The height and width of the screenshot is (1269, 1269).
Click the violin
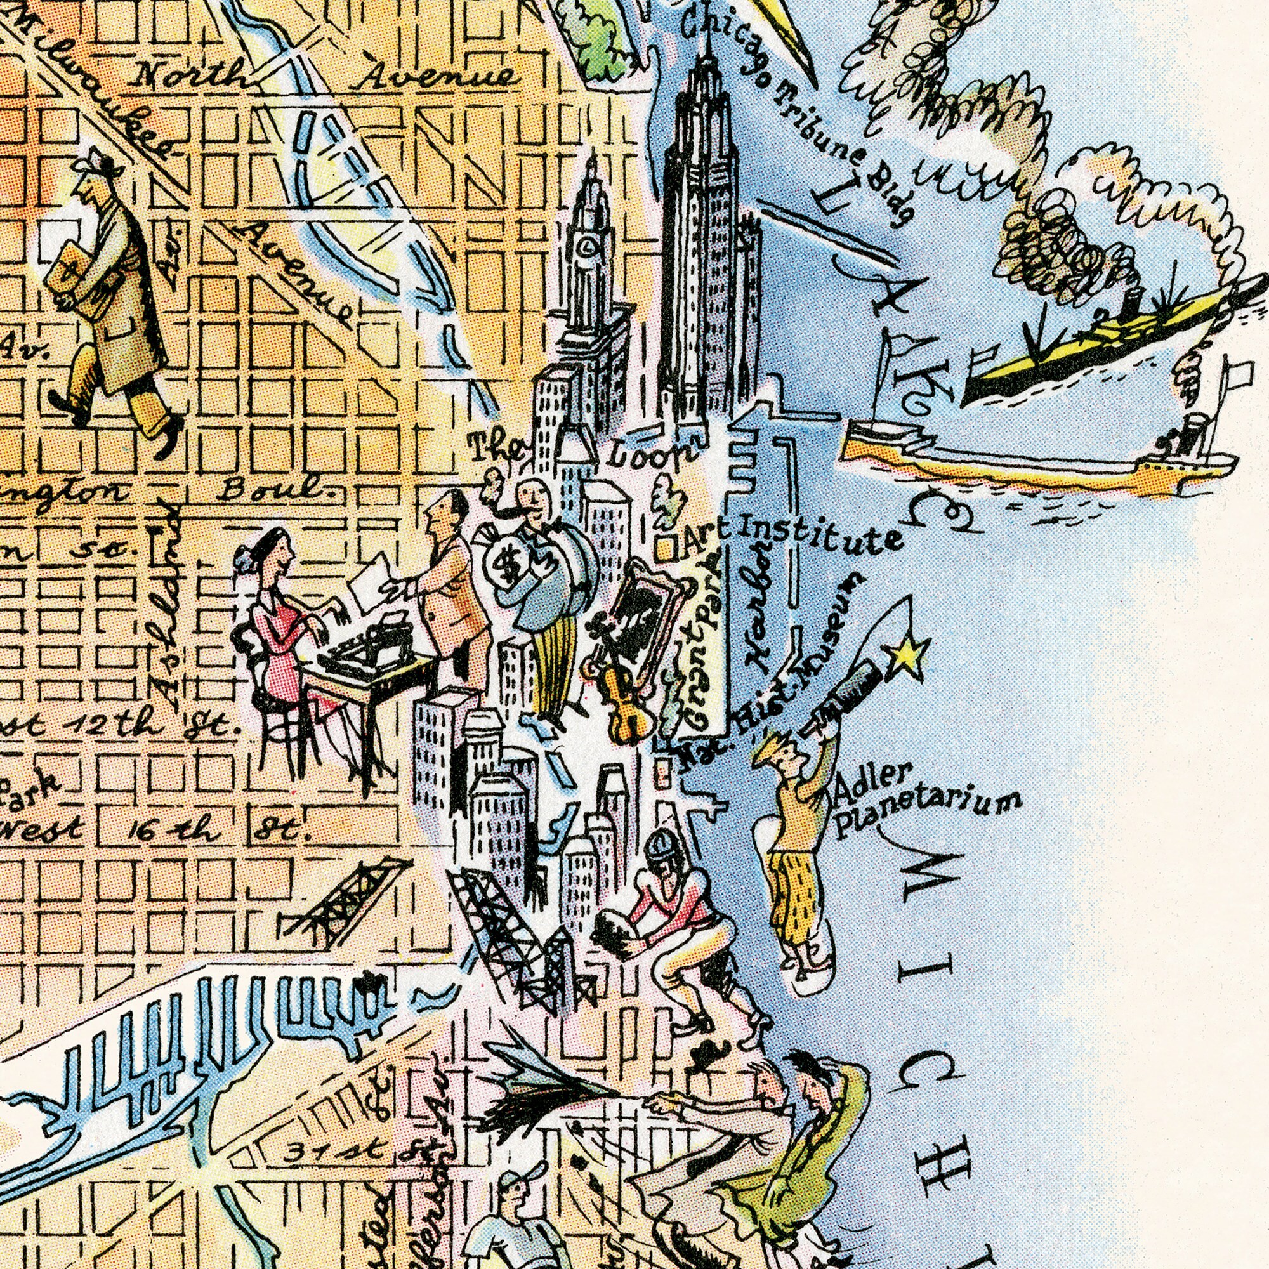click(624, 696)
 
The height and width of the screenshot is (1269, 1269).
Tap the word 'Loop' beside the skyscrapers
click(650, 454)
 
